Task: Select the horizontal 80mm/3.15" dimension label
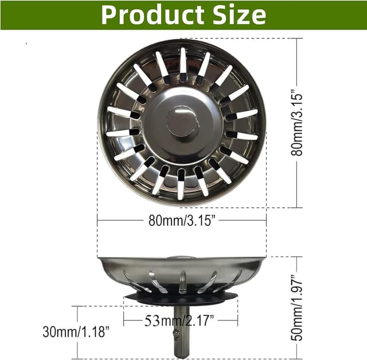tap(182, 221)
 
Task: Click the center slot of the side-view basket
tap(182, 281)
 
